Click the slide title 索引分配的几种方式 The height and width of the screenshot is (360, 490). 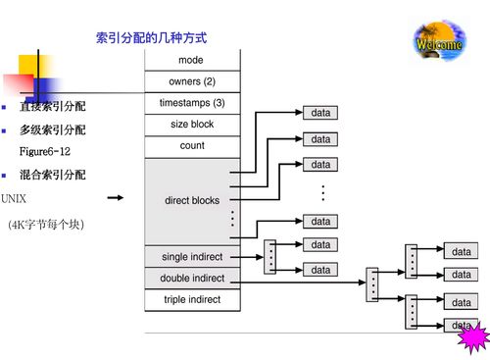[x=151, y=37]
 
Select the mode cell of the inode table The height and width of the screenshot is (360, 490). [x=191, y=60]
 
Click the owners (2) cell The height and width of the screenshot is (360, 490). [x=191, y=81]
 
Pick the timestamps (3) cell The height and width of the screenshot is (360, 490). [x=191, y=103]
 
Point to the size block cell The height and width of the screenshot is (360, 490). [x=191, y=125]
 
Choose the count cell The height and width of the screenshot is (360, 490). [x=191, y=146]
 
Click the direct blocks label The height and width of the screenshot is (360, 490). [x=191, y=201]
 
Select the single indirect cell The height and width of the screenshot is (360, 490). [x=191, y=257]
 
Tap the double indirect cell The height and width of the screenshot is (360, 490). [x=191, y=279]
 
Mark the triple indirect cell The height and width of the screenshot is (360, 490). [x=191, y=299]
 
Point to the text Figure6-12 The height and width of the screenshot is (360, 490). [x=45, y=152]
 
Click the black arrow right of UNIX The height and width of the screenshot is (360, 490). [x=116, y=198]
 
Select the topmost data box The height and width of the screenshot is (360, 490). [x=320, y=114]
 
